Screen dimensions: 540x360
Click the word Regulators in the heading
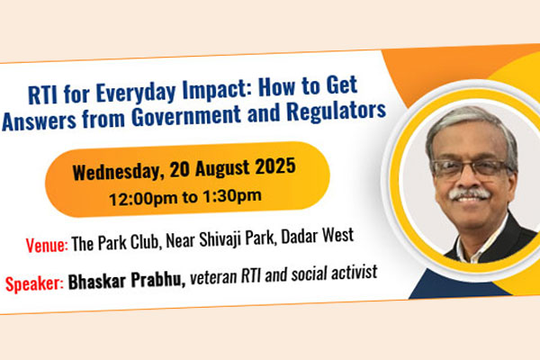click(x=336, y=111)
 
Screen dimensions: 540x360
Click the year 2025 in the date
click(x=275, y=166)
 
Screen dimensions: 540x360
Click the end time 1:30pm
click(x=232, y=196)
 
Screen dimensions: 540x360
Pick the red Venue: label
click(x=47, y=245)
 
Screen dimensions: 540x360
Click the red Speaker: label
click(x=34, y=283)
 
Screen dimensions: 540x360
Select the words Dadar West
click(x=317, y=237)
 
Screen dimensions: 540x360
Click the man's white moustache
click(x=470, y=193)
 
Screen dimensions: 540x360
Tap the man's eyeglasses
click(x=472, y=169)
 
